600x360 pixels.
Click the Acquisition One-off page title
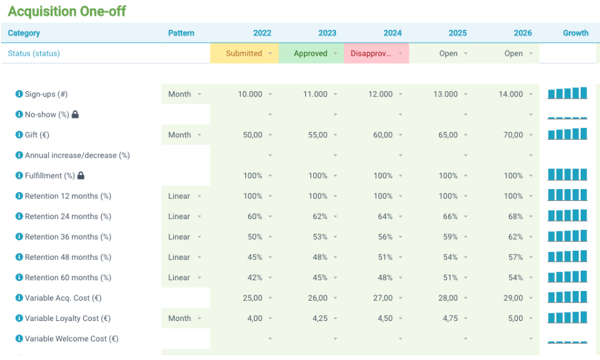(67, 11)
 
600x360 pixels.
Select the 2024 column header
(392, 33)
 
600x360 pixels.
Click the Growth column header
(575, 33)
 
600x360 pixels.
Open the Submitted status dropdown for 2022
(245, 53)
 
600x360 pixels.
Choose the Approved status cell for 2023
(311, 53)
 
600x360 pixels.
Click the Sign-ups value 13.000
(445, 94)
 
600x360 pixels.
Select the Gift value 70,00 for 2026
(513, 135)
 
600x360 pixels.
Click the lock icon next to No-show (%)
(75, 115)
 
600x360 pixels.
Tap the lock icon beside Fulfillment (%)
(81, 176)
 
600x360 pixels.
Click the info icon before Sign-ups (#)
(19, 94)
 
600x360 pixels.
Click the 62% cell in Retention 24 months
(320, 217)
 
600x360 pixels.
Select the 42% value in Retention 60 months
(255, 278)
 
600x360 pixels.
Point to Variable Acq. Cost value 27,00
(383, 298)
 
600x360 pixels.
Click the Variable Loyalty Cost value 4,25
(318, 319)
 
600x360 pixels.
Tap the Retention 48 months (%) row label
(68, 257)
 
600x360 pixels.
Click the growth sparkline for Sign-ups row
(567, 94)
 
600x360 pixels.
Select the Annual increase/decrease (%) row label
(77, 155)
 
